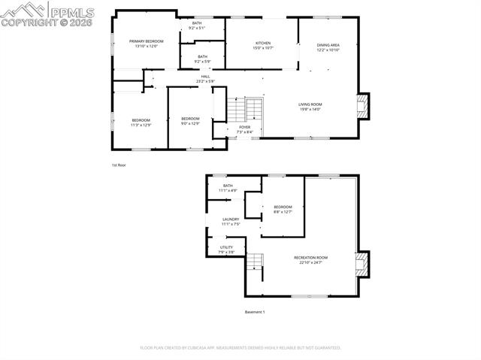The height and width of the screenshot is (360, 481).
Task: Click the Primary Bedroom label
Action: pyautogui.click(x=146, y=44)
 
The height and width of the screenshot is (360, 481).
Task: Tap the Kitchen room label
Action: pyautogui.click(x=263, y=45)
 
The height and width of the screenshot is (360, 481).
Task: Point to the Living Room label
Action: pyautogui.click(x=310, y=107)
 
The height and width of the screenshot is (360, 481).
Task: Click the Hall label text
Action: pyautogui.click(x=205, y=78)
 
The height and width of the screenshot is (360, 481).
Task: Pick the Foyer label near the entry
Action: pyautogui.click(x=245, y=129)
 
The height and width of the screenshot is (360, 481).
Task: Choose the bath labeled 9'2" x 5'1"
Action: pyautogui.click(x=197, y=26)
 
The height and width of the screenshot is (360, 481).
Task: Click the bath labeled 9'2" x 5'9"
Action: pyautogui.click(x=202, y=59)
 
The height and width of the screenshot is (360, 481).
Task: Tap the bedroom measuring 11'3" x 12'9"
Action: pyautogui.click(x=141, y=123)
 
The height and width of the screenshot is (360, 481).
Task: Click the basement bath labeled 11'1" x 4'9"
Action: pyautogui.click(x=228, y=188)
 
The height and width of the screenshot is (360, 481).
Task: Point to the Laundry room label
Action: pyautogui.click(x=230, y=221)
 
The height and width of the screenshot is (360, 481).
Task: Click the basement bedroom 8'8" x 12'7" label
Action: pyautogui.click(x=283, y=209)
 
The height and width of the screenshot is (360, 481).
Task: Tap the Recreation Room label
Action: pyautogui.click(x=310, y=259)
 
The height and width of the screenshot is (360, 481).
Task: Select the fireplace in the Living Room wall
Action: pyautogui.click(x=363, y=105)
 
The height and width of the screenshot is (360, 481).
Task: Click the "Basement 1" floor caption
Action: pyautogui.click(x=255, y=312)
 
